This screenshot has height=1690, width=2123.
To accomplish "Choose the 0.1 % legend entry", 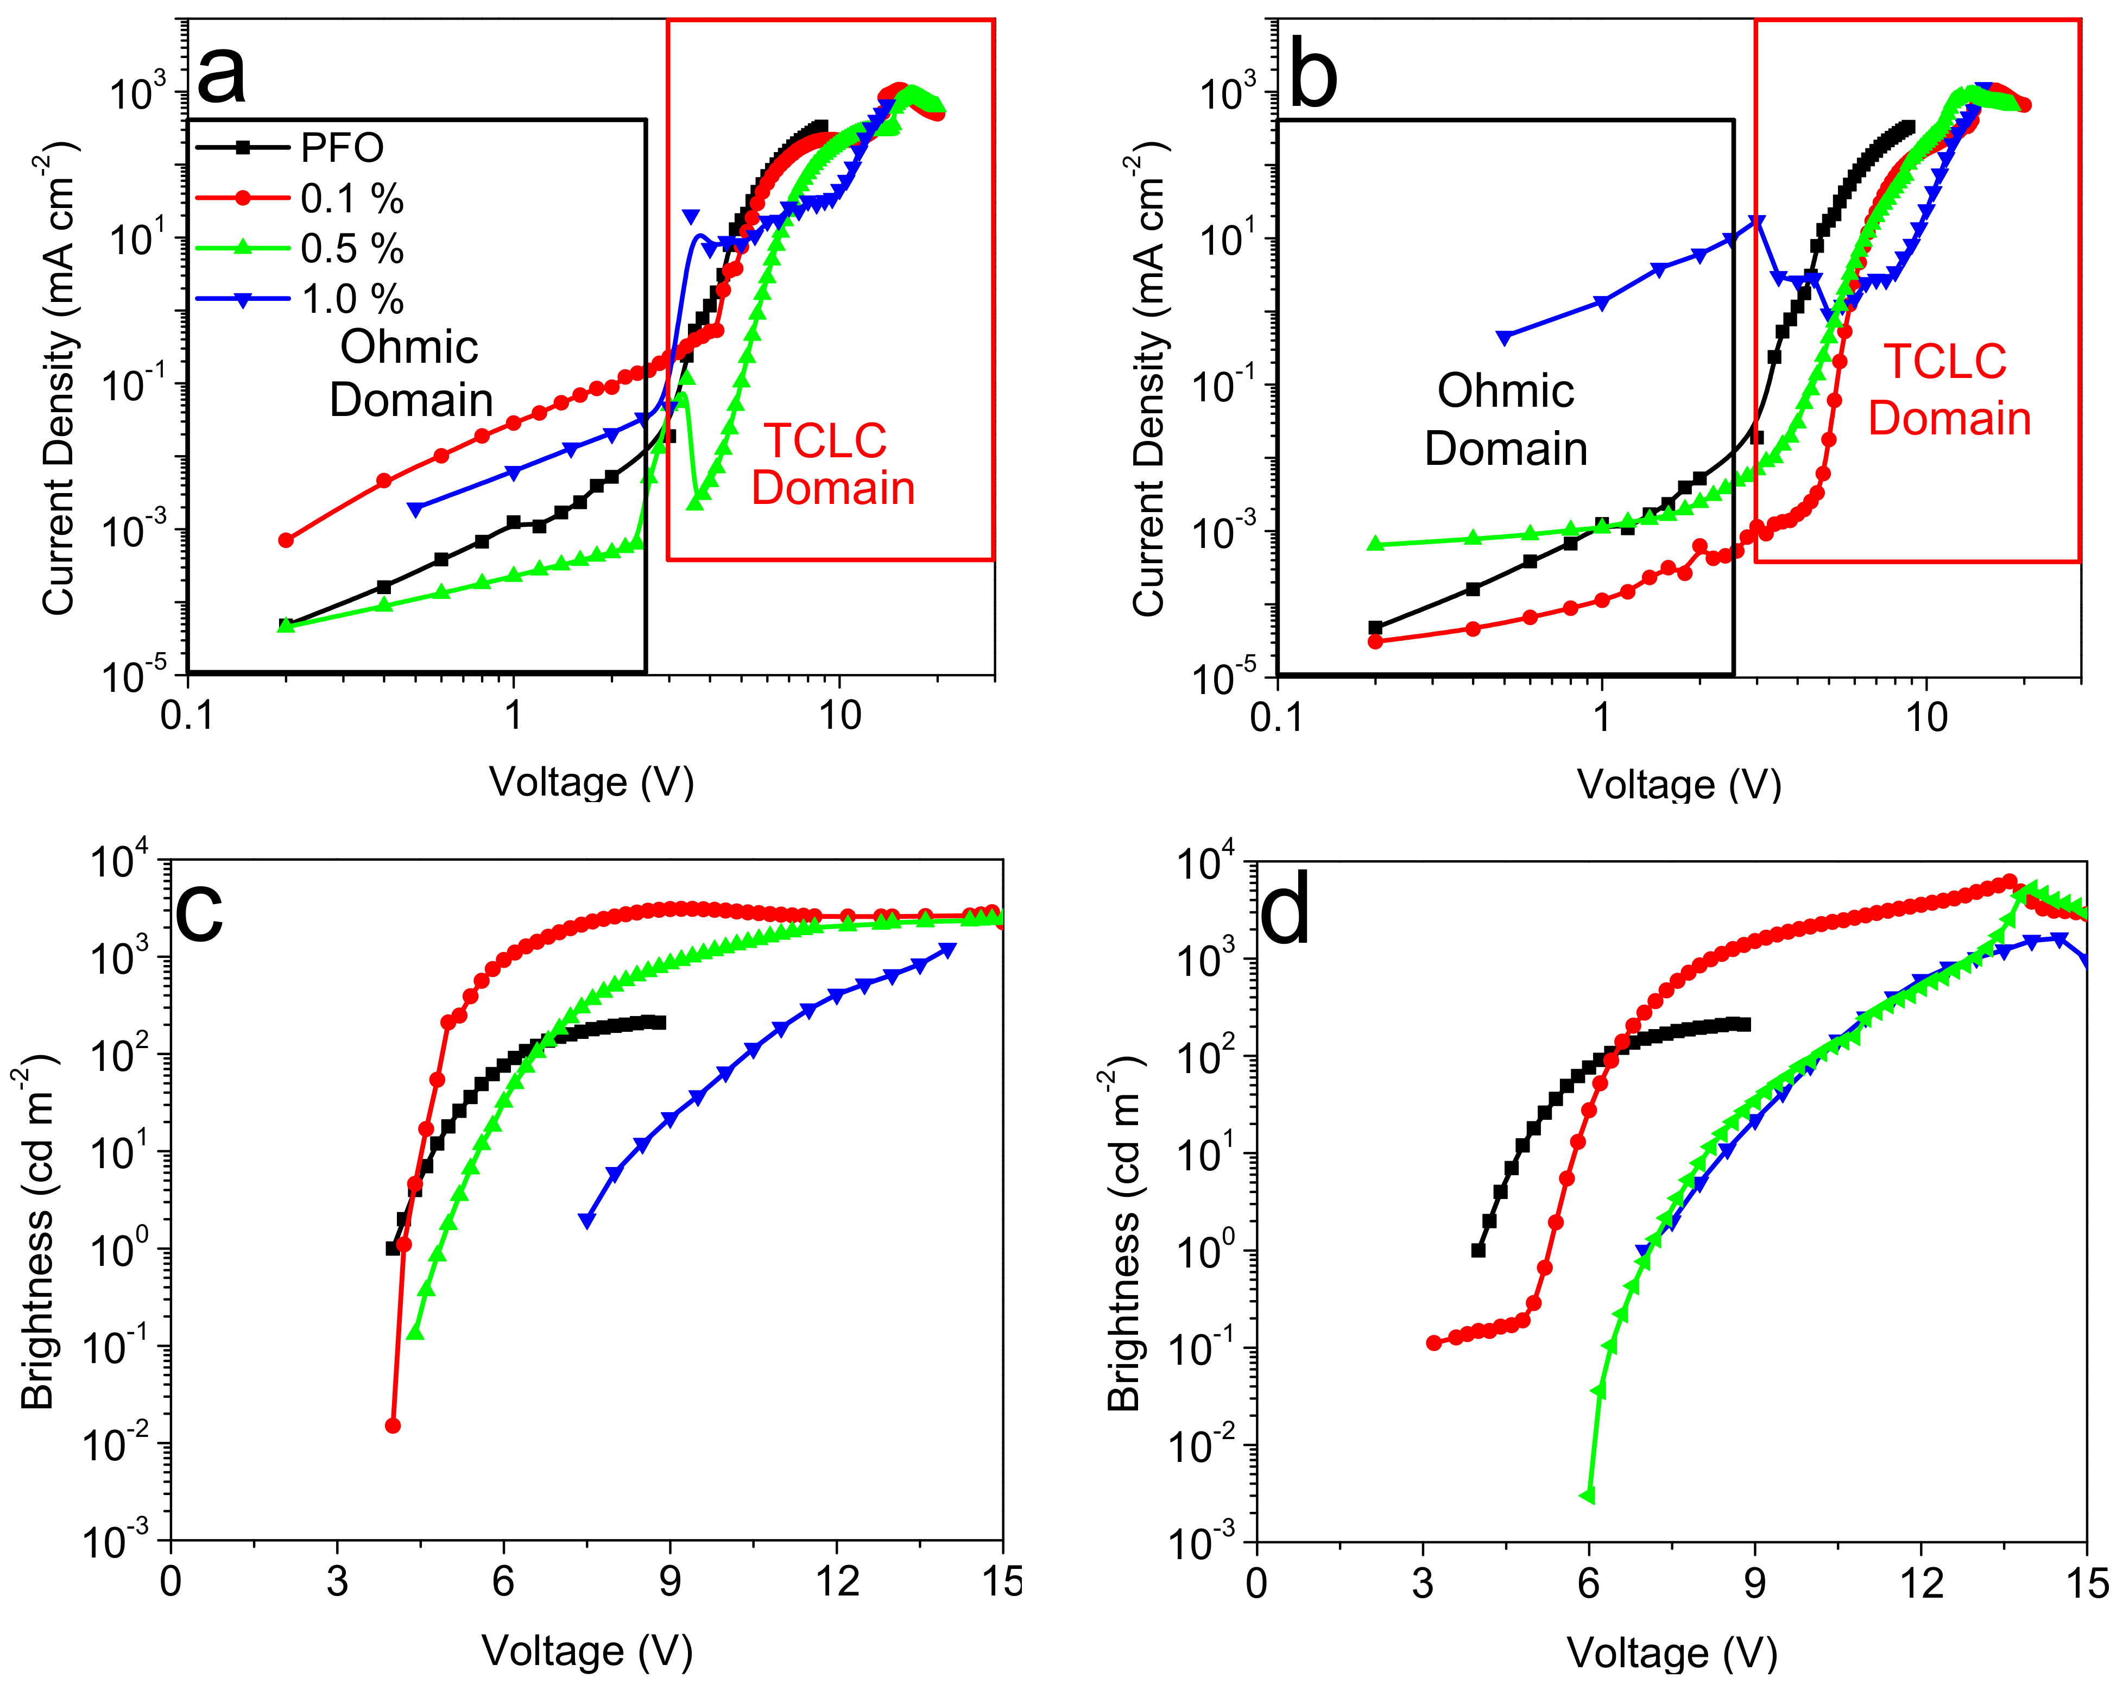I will [x=351, y=199].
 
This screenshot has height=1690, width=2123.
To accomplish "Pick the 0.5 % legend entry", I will [x=351, y=249].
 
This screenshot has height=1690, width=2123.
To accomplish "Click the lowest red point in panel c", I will [x=393, y=1425].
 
